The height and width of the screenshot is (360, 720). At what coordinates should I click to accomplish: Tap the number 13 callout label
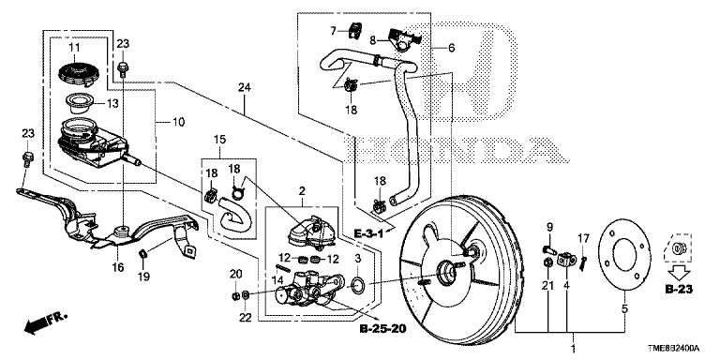click(112, 104)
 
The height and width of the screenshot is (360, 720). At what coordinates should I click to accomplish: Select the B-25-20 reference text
click(383, 329)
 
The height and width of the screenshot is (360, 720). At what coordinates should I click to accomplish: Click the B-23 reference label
click(679, 290)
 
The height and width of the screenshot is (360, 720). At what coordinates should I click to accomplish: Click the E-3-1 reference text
click(368, 234)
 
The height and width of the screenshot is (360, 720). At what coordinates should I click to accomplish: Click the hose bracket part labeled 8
click(404, 38)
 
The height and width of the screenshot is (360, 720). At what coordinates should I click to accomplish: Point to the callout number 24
click(245, 88)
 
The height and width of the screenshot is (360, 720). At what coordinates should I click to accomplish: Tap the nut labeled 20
click(234, 295)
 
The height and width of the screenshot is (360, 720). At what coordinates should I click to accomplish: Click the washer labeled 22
click(246, 294)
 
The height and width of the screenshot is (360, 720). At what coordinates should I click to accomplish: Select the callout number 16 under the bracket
click(118, 267)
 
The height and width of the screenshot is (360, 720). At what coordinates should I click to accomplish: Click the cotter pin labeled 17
click(583, 263)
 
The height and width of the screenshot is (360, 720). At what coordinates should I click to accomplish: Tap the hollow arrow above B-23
click(678, 274)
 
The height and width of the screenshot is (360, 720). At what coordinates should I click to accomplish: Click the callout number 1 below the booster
click(573, 349)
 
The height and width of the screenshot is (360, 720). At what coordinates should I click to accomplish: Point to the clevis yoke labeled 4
click(566, 261)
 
